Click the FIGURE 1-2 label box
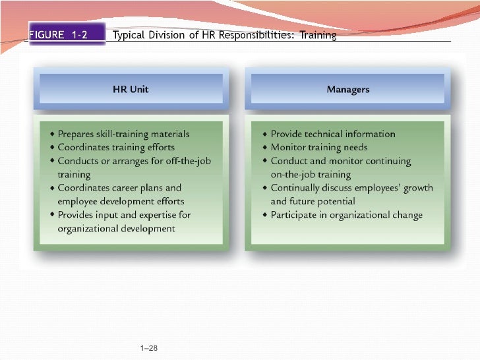coord(65,34)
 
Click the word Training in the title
coord(318,35)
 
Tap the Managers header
coord(347,90)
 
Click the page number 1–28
coord(150,347)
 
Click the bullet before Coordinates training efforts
coord(52,148)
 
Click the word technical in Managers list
coord(324,134)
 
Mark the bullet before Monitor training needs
coord(265,148)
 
